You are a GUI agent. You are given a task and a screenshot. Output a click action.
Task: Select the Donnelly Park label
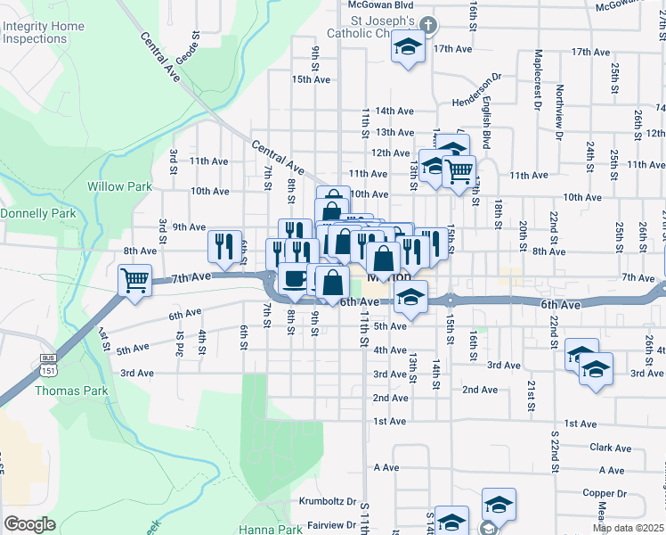38,214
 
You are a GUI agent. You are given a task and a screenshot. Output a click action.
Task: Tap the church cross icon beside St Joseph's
427,25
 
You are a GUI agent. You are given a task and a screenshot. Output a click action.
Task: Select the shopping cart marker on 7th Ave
135,280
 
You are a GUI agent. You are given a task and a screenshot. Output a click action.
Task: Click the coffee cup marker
295,278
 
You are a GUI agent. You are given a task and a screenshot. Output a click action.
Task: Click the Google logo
29,524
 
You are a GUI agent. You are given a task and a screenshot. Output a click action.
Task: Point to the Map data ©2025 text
629,529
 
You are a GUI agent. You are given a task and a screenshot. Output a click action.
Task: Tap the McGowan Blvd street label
380,4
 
